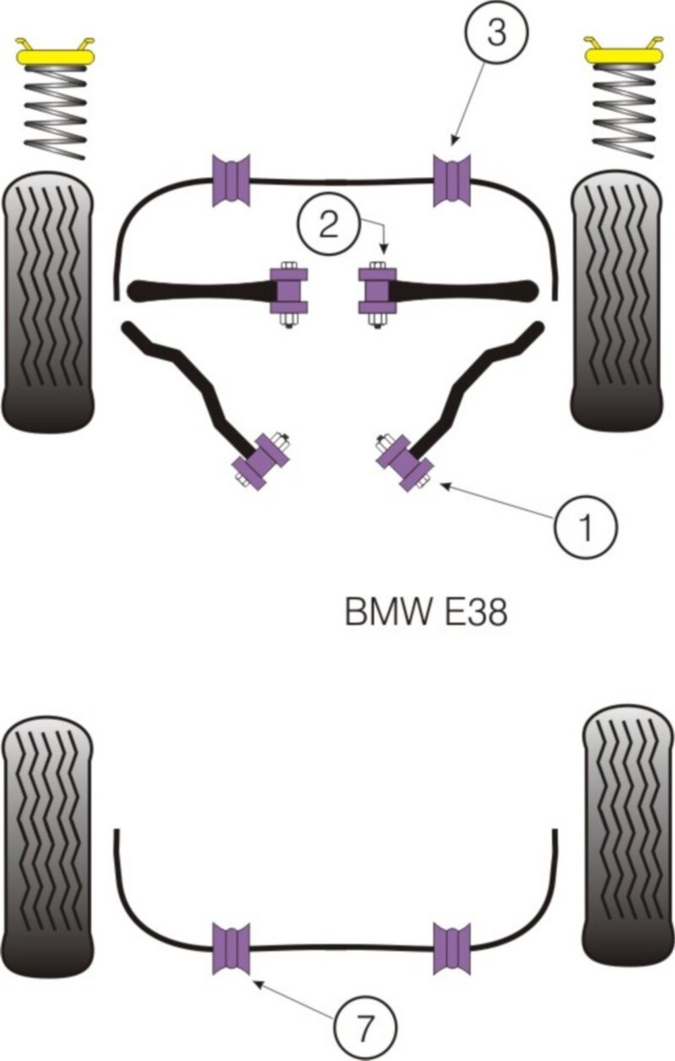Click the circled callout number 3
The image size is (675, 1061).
496,32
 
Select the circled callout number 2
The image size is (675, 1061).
329,224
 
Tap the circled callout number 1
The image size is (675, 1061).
585,527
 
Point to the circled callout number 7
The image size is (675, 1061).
365,1029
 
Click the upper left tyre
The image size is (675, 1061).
47,301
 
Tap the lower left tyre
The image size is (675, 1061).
47,838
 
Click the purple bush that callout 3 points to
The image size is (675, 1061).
452,180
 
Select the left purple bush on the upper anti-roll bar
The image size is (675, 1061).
232,180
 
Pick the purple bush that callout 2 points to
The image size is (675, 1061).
376,290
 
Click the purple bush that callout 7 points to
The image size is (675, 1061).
231,949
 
